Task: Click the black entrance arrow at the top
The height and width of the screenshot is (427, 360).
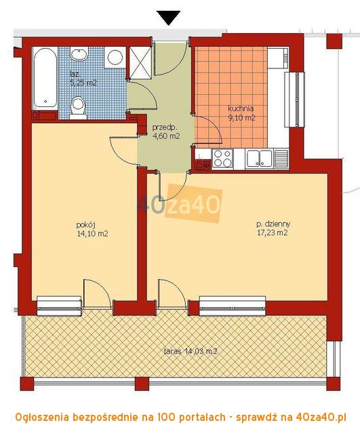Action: tap(168, 18)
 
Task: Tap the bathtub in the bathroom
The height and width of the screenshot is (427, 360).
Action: tap(45, 79)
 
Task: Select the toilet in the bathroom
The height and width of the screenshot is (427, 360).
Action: tap(78, 108)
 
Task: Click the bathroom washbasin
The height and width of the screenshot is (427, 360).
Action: tap(79, 54)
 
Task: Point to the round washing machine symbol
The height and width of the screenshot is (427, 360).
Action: tap(115, 57)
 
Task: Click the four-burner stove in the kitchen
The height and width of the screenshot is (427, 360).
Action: tap(222, 158)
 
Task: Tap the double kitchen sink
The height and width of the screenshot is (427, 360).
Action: tap(259, 158)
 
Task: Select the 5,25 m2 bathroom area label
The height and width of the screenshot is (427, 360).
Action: tap(83, 83)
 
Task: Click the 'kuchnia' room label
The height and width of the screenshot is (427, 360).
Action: tap(241, 108)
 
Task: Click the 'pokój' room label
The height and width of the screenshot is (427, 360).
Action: tap(85, 225)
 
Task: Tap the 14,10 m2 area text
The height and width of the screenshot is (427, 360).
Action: tap(93, 234)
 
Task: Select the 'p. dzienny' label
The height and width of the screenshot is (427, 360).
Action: tap(273, 224)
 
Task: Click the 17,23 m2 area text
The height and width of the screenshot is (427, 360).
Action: tap(273, 233)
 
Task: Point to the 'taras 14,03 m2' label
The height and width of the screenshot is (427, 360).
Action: tap(191, 351)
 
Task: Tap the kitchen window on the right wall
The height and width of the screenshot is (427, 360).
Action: tap(294, 100)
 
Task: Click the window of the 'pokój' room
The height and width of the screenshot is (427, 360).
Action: tap(59, 306)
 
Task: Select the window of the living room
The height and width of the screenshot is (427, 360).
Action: tap(233, 306)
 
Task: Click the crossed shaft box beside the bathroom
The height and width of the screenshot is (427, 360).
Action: tap(140, 62)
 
